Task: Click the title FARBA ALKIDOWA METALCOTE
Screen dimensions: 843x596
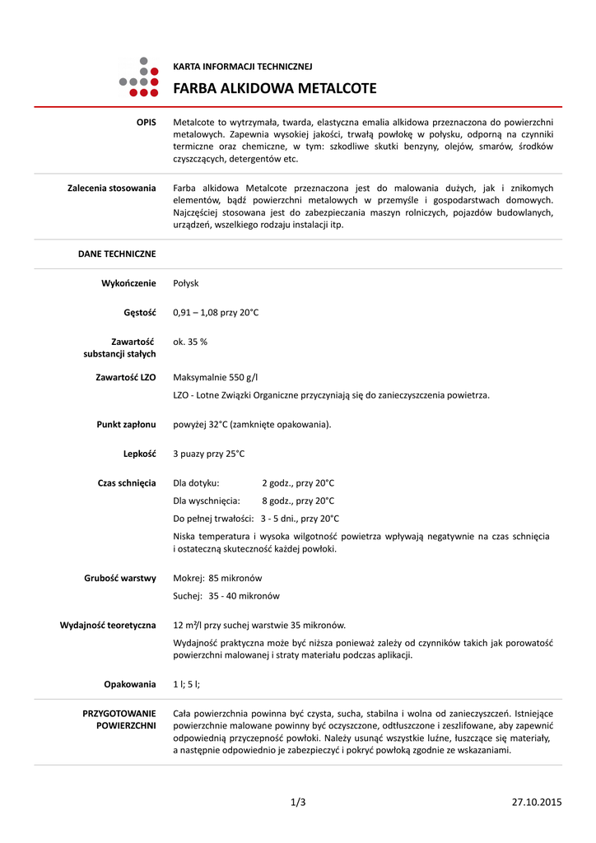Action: pyautogui.click(x=275, y=88)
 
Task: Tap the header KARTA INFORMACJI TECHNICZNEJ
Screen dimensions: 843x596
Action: pyautogui.click(x=242, y=66)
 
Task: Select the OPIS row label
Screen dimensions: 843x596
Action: pyautogui.click(x=146, y=122)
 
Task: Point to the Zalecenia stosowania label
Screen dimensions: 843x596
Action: pyautogui.click(x=111, y=189)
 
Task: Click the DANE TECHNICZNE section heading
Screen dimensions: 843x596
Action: pyautogui.click(x=117, y=254)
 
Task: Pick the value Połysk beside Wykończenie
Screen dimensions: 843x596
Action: pyautogui.click(x=186, y=283)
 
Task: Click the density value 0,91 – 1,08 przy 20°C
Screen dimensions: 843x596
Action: pyautogui.click(x=216, y=313)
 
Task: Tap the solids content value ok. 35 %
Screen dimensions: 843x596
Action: pyautogui.click(x=190, y=341)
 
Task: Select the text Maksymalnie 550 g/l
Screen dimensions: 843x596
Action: pyautogui.click(x=216, y=377)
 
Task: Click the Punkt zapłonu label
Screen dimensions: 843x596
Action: pyautogui.click(x=126, y=425)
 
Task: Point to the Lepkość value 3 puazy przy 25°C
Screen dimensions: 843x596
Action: pyautogui.click(x=209, y=454)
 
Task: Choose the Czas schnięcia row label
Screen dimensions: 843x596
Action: pyautogui.click(x=127, y=483)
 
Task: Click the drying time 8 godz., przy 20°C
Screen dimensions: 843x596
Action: pyautogui.click(x=298, y=501)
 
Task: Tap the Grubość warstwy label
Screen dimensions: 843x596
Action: pyautogui.click(x=120, y=578)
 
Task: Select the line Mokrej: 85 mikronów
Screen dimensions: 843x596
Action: pyautogui.click(x=218, y=578)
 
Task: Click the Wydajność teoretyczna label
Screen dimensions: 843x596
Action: pyautogui.click(x=108, y=626)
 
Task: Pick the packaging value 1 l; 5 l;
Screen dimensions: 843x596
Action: pyautogui.click(x=187, y=684)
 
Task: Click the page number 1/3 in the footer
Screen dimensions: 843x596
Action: pyautogui.click(x=298, y=802)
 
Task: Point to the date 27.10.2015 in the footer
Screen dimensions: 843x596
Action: pyautogui.click(x=537, y=802)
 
